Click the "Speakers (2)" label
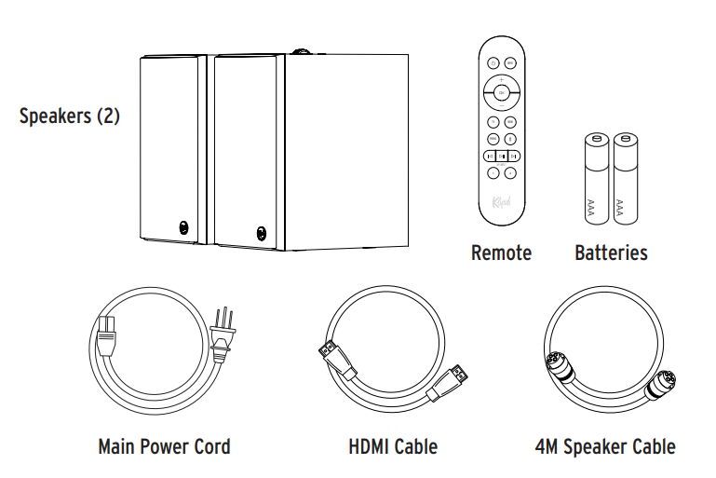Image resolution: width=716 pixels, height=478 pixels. (70, 119)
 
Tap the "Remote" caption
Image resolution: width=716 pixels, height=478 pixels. (502, 253)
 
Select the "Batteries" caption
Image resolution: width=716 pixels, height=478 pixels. (611, 253)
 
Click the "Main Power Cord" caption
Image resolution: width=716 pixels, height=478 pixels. (164, 446)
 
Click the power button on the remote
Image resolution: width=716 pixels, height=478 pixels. (493, 62)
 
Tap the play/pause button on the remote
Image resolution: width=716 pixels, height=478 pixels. (502, 156)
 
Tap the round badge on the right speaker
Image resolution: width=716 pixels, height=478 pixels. (260, 228)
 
